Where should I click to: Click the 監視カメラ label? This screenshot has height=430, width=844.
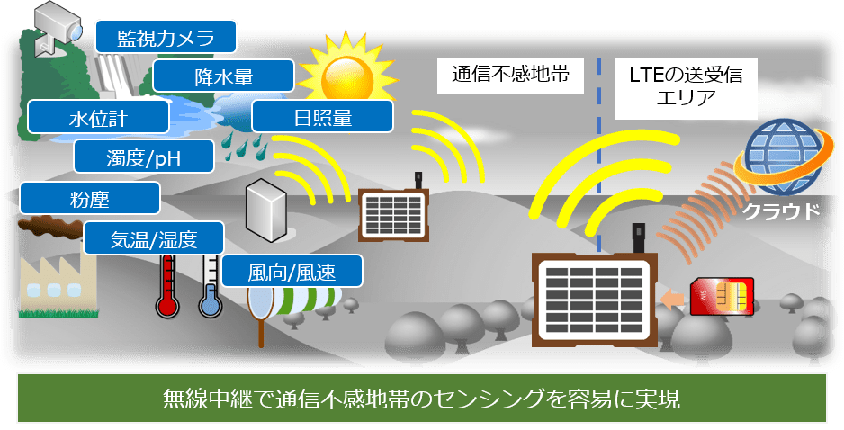166,37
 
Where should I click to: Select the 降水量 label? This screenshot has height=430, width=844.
223,76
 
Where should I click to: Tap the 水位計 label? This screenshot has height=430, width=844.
98,117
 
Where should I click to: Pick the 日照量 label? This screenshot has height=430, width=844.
322,116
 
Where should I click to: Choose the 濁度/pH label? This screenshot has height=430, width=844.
144,157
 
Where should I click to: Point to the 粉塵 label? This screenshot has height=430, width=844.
90,198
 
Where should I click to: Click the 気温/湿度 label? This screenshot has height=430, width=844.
154,237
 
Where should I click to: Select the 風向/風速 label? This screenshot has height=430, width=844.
292,272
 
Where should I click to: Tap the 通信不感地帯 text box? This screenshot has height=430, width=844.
510,76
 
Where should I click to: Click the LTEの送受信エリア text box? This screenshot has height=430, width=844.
686,88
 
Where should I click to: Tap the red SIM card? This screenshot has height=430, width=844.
722,296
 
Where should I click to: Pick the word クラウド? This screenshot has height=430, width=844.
781,211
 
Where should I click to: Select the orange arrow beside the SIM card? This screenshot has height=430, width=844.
672,299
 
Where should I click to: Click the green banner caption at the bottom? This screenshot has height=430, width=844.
422,399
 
